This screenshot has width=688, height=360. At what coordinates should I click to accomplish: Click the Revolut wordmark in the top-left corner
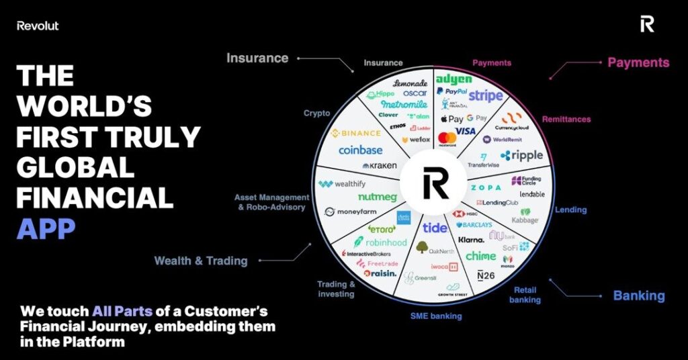coord(38,26)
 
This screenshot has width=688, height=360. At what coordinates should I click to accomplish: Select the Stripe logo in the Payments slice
coord(485,95)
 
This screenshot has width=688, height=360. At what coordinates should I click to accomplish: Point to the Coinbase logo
coord(360,150)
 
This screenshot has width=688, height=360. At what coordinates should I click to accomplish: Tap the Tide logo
coord(435,228)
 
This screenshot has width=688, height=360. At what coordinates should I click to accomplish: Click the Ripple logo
coord(521,155)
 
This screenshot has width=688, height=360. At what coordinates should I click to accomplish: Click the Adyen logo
coord(454,79)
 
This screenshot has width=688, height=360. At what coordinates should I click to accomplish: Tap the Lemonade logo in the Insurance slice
coord(409,83)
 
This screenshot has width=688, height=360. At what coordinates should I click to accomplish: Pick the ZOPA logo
coord(486,187)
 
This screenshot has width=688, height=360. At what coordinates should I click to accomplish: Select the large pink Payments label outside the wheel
coord(638,62)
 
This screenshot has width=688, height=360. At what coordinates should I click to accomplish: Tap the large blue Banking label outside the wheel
coord(638,296)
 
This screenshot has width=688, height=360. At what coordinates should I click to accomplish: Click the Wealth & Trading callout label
coord(201,261)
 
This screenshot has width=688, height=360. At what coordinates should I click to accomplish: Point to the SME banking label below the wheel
coord(436,316)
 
